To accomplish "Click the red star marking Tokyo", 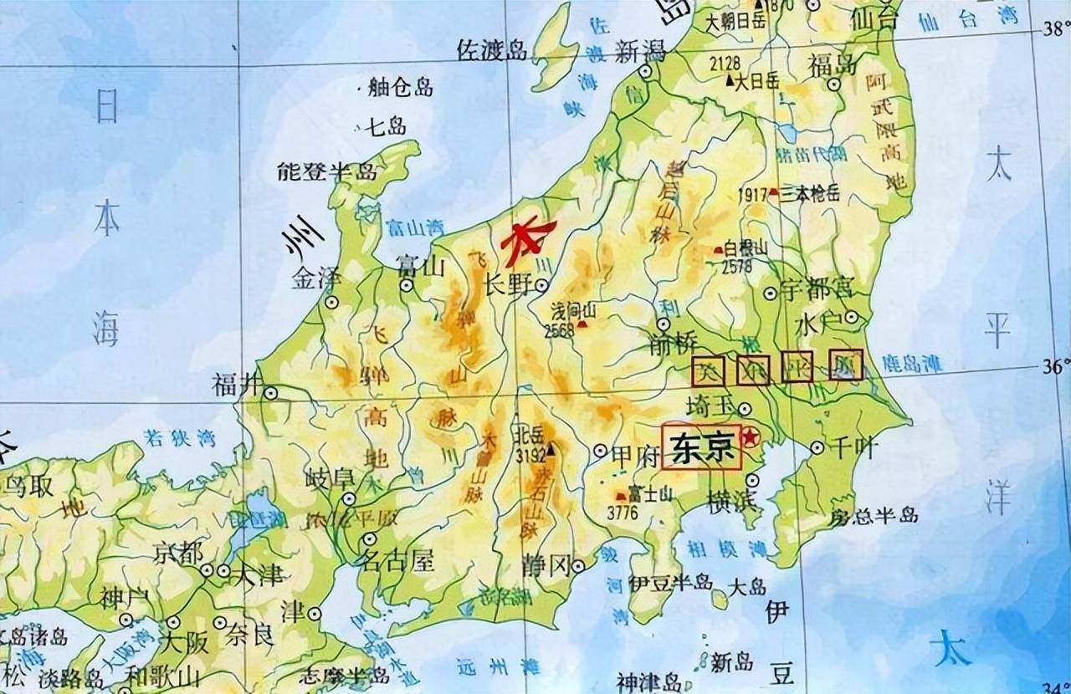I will click(753, 436).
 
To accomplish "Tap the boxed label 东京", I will click(701, 447).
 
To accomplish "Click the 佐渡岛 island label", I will click(492, 51).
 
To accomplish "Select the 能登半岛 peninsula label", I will click(328, 172).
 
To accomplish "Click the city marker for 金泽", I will click(332, 302).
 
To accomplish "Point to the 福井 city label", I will click(234, 385).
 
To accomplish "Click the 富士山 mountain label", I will click(651, 494).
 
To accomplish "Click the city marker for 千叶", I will click(817, 448).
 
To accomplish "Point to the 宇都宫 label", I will click(816, 290).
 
